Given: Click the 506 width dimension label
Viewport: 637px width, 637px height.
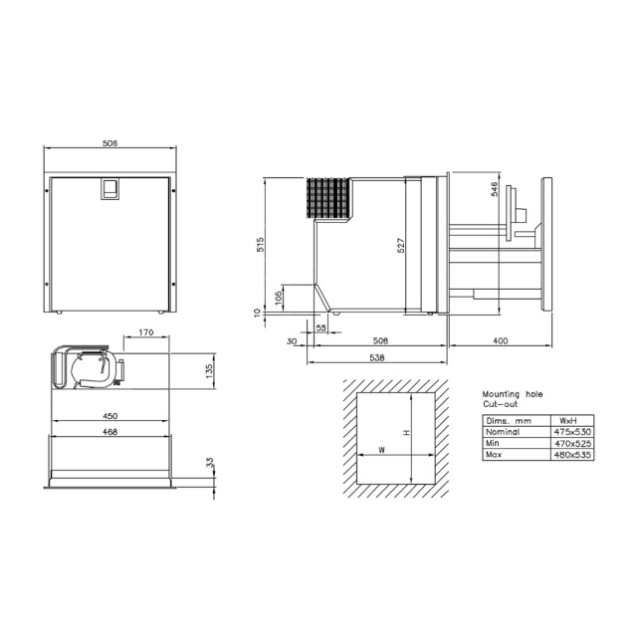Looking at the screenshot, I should click(110, 143).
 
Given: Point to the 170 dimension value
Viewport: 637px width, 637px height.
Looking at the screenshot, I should click(145, 332).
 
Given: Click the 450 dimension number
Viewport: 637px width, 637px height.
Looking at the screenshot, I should click(110, 415).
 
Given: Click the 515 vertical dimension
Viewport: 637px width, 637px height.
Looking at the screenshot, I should click(259, 245).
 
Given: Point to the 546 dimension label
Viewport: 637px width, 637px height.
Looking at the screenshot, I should click(495, 190).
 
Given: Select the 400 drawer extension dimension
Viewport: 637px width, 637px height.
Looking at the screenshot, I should click(500, 341).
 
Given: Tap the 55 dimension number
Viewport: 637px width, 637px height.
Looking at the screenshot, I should click(320, 327).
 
